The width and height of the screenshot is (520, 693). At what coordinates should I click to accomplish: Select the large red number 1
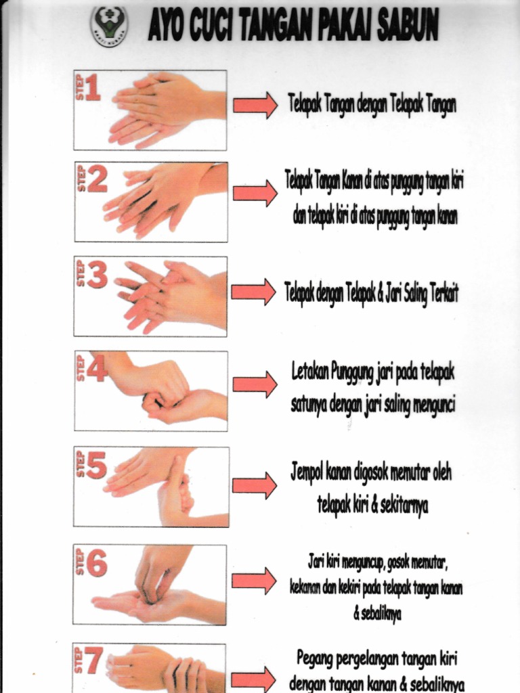tap(93, 88)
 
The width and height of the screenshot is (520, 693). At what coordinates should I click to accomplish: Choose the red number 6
tap(96, 562)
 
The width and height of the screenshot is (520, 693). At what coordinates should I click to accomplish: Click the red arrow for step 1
tap(255, 105)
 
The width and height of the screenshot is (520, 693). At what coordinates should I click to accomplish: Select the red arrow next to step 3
tap(253, 292)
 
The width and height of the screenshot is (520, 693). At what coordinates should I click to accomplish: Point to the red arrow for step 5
tap(255, 485)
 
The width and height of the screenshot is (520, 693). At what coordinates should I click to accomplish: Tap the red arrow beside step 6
tap(254, 581)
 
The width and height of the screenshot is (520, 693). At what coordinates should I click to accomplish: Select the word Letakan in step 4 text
tap(313, 372)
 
